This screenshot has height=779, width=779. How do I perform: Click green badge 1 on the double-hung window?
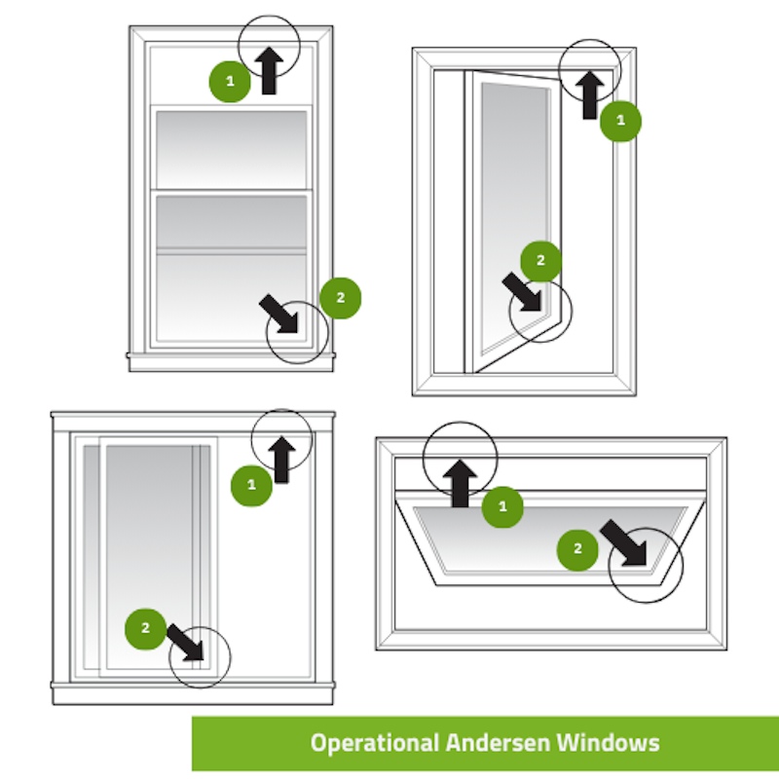(230, 81)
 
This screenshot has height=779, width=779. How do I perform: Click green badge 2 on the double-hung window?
(340, 297)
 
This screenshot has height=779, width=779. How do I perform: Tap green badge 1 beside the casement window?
(621, 122)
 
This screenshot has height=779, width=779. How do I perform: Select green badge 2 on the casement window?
(541, 260)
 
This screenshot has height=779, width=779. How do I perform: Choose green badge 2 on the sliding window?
(146, 628)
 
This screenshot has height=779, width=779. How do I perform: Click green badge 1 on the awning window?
(502, 506)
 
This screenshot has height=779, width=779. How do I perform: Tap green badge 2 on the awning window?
(577, 549)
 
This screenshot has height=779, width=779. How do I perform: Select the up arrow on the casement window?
(589, 94)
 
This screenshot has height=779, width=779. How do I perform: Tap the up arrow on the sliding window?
(282, 459)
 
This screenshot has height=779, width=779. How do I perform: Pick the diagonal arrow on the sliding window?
(187, 642)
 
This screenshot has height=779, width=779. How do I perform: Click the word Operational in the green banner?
(374, 743)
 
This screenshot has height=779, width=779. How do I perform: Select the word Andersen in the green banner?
(498, 743)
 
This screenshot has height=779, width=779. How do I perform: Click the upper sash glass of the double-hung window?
(231, 148)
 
